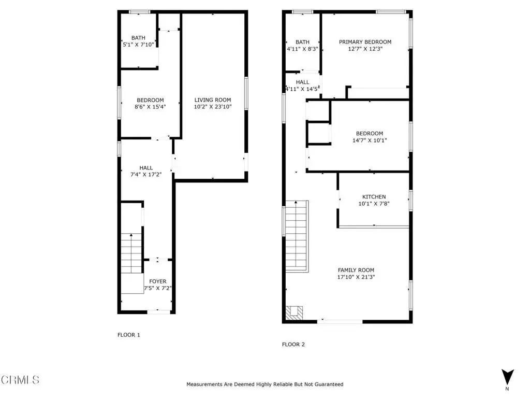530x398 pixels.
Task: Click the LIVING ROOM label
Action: (x=213, y=100)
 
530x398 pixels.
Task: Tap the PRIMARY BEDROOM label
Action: (x=365, y=42)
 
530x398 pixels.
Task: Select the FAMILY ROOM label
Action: (x=356, y=270)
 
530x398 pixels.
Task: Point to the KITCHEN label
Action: (x=374, y=196)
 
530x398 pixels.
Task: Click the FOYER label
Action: (x=157, y=281)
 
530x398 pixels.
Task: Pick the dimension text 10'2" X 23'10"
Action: (x=213, y=107)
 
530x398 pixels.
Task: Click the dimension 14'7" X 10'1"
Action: (x=370, y=140)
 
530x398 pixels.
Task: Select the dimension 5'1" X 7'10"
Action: (x=138, y=45)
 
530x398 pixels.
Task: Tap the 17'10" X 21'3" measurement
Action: (x=356, y=277)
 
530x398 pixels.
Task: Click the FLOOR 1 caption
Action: (x=128, y=335)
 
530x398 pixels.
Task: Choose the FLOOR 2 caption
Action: (x=293, y=344)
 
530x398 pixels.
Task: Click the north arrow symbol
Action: (x=507, y=377)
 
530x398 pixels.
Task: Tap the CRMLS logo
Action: (x=20, y=380)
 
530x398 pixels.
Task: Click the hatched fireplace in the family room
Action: (x=295, y=312)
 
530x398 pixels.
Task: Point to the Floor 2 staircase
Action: (x=297, y=236)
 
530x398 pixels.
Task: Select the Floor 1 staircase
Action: (x=132, y=253)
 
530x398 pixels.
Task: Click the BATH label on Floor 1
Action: (x=138, y=38)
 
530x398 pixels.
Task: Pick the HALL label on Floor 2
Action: (x=302, y=82)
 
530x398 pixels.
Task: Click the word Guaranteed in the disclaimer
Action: (x=329, y=384)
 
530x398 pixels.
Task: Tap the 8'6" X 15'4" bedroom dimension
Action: (x=150, y=107)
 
